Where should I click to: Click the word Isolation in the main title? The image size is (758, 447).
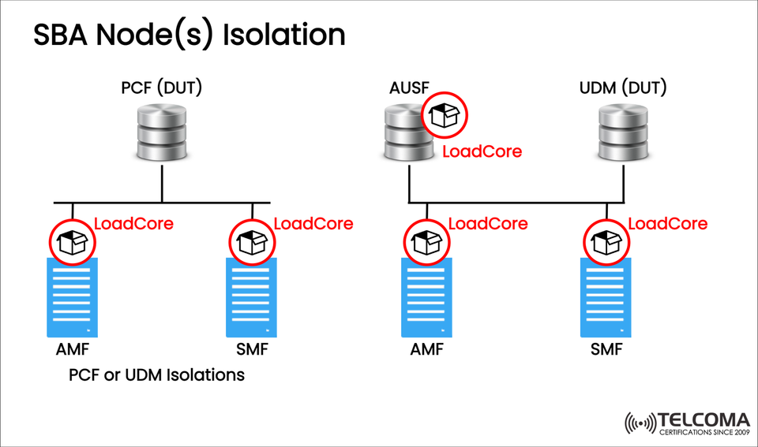click(x=285, y=35)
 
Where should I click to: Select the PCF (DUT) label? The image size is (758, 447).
click(x=161, y=87)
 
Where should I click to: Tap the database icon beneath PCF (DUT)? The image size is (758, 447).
click(x=162, y=131)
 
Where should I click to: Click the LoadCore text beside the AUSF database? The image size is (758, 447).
click(x=482, y=151)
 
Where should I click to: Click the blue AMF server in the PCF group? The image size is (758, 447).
click(x=72, y=298)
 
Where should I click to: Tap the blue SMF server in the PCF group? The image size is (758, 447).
click(x=252, y=298)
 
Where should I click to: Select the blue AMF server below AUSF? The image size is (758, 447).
click(x=426, y=298)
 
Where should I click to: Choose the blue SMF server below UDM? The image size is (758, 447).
click(x=607, y=298)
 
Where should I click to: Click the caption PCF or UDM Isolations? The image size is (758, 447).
click(x=156, y=375)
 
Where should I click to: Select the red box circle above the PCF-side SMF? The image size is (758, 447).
click(x=252, y=241)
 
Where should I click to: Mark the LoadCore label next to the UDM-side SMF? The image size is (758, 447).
click(x=668, y=224)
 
